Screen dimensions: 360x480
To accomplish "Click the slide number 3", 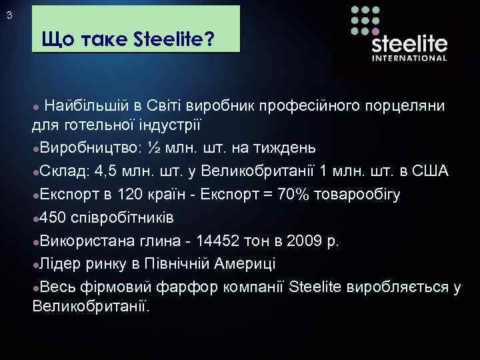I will [8, 17].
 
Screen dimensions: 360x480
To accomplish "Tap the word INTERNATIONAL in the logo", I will [409, 58].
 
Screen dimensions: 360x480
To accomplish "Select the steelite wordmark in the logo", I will [409, 43].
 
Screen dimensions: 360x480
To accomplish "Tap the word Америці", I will [246, 263].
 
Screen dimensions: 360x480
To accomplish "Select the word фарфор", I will [183, 287].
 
